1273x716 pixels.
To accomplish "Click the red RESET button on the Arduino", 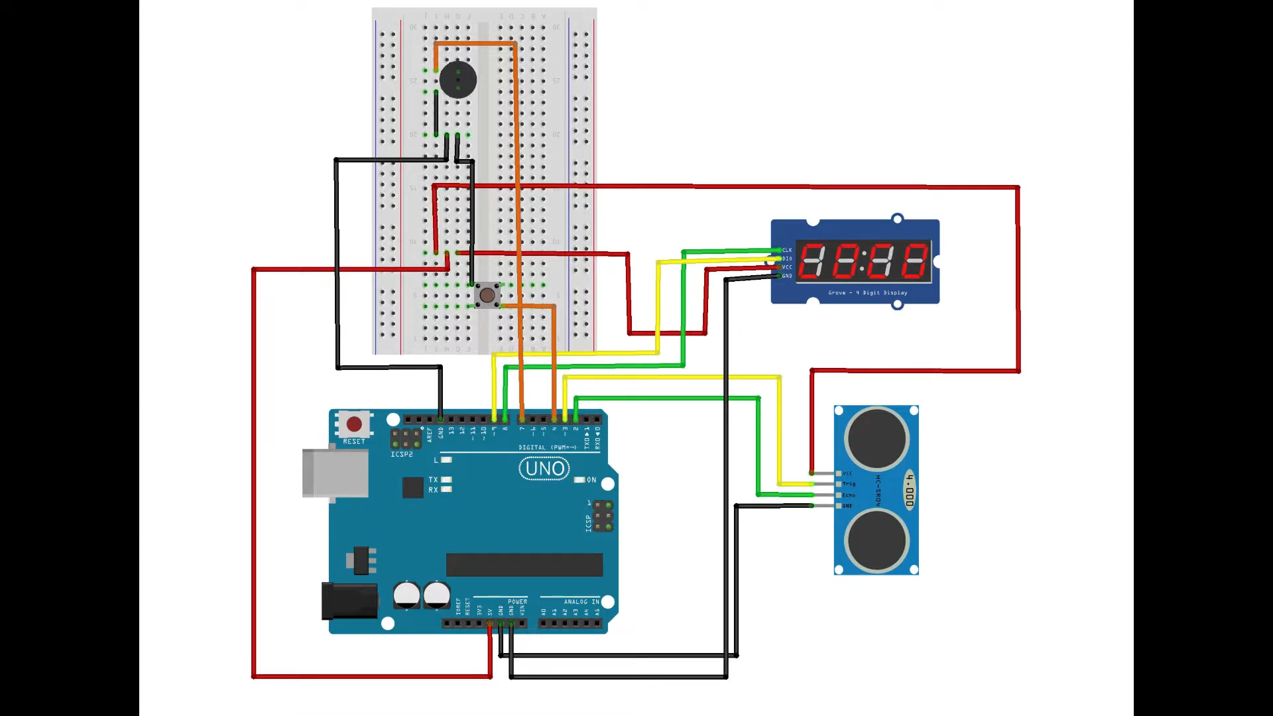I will tap(354, 424).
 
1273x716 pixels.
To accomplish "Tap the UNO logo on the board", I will tap(544, 469).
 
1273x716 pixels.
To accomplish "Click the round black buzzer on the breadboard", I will tap(457, 80).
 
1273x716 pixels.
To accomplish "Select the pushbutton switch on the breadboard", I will tap(487, 295).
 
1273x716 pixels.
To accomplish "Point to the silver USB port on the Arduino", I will tap(335, 473).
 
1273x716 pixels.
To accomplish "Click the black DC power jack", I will tap(349, 601).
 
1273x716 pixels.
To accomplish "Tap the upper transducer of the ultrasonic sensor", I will tap(877, 439).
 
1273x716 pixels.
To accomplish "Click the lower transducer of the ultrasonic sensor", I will tap(877, 541).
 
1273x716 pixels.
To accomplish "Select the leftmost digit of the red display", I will tap(812, 260).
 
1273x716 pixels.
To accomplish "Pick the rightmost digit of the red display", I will tap(915, 260).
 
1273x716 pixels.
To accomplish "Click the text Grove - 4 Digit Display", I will tap(867, 292).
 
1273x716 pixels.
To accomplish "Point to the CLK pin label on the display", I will tap(787, 251).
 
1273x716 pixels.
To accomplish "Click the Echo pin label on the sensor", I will tap(849, 495).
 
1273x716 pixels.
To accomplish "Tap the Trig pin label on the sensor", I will tap(849, 484).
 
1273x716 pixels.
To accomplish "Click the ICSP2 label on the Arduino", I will tap(401, 455).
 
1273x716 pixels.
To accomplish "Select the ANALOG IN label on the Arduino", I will tap(581, 602).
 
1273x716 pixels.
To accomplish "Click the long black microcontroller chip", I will tap(524, 565).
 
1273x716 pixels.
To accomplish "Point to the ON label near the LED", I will tap(591, 480).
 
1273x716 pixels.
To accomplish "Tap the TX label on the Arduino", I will tap(433, 479).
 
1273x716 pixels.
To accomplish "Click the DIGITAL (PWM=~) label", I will tap(548, 447).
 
